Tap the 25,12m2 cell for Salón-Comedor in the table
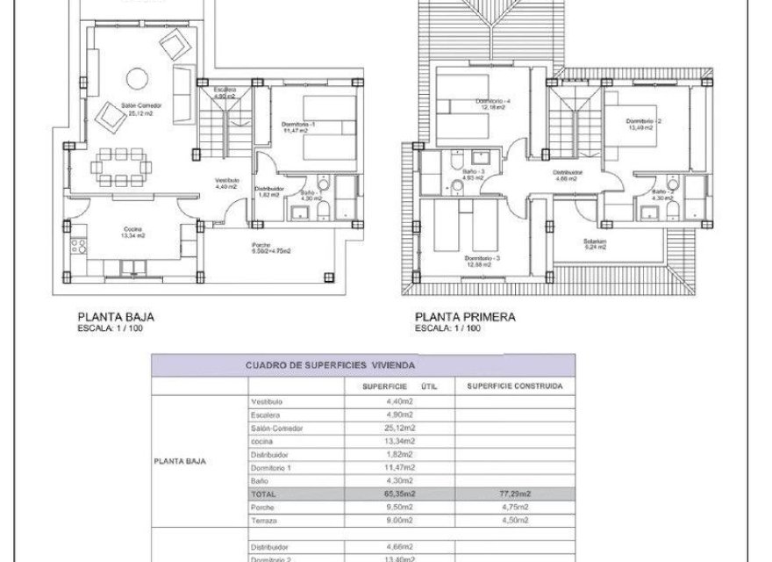click(x=399, y=428)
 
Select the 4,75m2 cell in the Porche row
click(x=515, y=507)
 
